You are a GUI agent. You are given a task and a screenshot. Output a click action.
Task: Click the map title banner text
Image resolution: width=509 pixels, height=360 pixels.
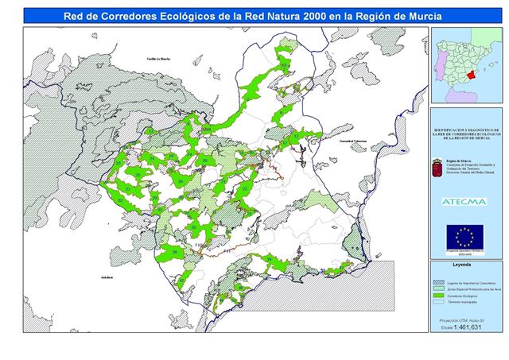tap(254, 14)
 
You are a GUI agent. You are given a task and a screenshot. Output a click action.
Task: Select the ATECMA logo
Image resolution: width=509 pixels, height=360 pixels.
tap(464, 201)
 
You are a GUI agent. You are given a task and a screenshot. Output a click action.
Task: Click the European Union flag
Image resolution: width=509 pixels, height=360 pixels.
tap(464, 236)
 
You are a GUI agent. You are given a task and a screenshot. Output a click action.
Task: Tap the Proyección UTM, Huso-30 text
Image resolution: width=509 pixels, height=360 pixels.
tap(464, 319)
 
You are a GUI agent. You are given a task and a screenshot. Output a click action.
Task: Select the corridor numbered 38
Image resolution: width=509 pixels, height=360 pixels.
tap(174, 252)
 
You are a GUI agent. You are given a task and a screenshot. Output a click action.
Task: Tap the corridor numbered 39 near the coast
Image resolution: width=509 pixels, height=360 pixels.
tap(269, 261)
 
